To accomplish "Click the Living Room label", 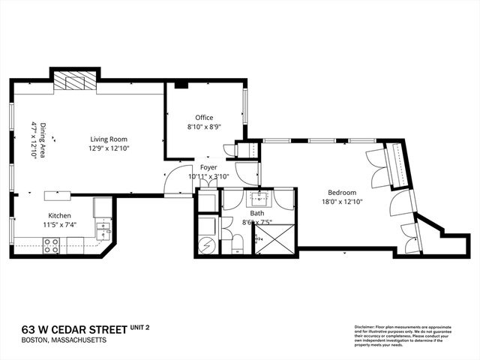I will pos(109,139).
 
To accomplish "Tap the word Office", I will pos(204,118).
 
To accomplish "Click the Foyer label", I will pos(208,167).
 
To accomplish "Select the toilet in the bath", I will pos(236,241).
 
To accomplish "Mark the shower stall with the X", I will pos(275,241).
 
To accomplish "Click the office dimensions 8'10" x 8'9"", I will pos(204,127).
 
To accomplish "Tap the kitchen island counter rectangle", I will pos(58,196).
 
